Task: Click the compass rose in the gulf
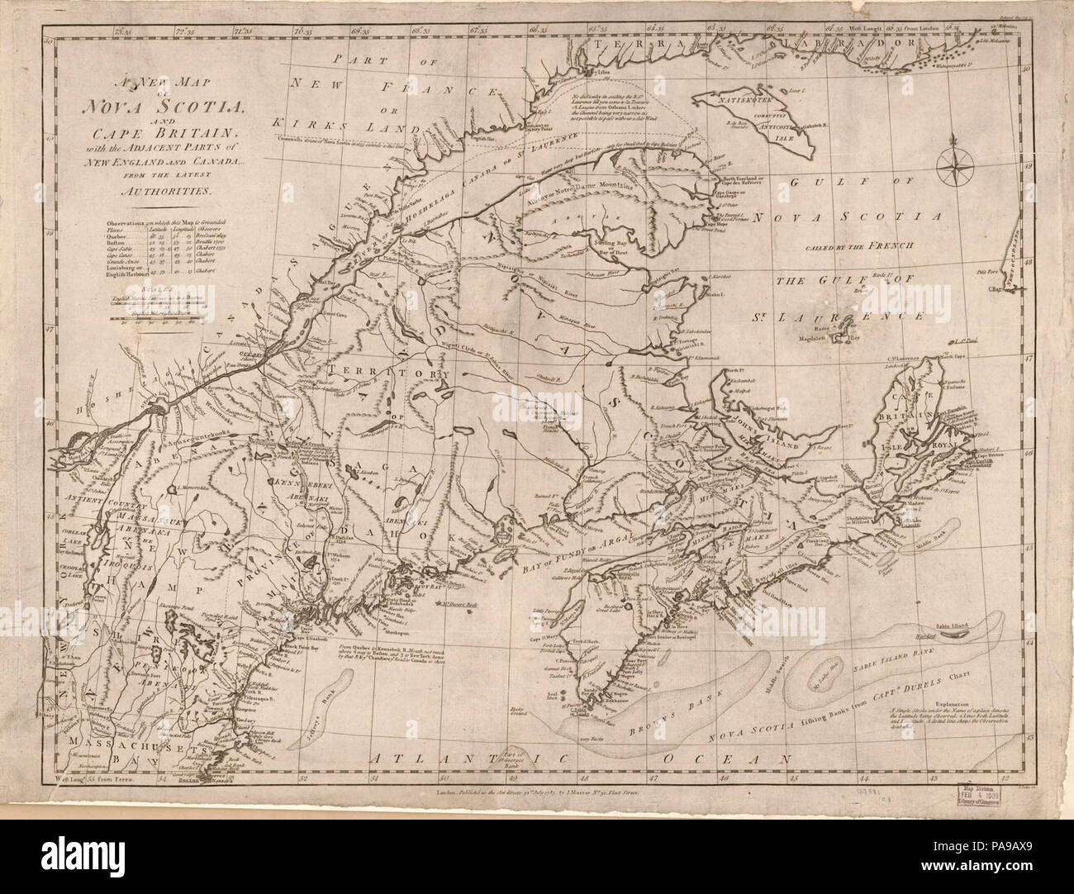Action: [x=957, y=165]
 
